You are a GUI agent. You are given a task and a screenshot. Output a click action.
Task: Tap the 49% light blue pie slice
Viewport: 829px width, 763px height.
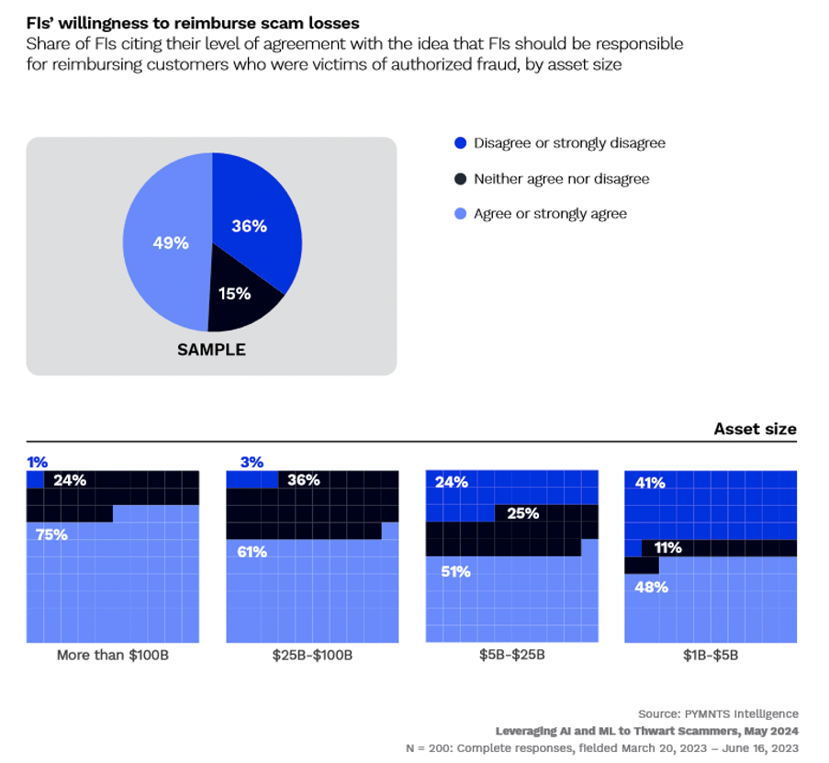point(165,243)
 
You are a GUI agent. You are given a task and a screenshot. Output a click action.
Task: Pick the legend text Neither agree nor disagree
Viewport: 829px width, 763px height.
point(561,179)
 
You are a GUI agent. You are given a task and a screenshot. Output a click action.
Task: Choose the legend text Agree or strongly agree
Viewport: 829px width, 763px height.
point(550,214)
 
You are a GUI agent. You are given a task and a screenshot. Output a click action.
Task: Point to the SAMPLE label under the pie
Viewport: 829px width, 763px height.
point(211,350)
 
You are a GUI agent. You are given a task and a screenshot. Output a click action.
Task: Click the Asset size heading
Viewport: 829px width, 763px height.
point(755,429)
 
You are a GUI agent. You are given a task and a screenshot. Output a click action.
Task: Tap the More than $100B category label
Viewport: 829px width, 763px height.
point(113,656)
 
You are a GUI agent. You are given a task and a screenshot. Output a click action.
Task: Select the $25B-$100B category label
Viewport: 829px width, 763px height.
point(312,656)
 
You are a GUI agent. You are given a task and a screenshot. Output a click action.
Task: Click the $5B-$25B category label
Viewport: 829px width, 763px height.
point(511,656)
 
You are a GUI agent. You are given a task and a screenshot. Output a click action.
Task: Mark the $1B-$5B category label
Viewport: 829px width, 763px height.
point(710,656)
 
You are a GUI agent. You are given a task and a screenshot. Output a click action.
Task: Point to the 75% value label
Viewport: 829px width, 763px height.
point(51,534)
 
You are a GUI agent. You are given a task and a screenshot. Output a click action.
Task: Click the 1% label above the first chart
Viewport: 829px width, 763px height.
point(36,462)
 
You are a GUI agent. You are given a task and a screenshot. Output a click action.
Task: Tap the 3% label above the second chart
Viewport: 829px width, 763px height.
point(250,462)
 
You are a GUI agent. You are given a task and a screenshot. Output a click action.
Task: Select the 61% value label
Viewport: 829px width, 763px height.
point(252,552)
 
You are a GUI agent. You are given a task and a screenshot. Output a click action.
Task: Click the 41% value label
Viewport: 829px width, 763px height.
point(650,483)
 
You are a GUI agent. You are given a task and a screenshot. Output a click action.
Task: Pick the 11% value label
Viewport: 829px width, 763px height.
point(667,548)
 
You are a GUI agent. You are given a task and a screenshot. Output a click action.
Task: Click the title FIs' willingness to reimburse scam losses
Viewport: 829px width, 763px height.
point(193,22)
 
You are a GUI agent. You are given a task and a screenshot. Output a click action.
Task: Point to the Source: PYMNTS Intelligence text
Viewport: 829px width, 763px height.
point(718,713)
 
